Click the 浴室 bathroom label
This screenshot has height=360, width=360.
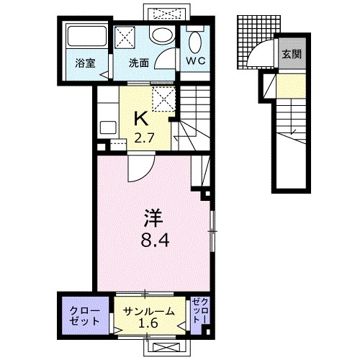(x=85, y=63)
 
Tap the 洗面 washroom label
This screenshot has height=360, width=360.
(x=139, y=63)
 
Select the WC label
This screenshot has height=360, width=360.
(x=197, y=61)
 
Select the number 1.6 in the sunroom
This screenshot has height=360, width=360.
(x=148, y=323)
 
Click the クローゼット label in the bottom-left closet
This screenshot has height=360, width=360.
(x=85, y=315)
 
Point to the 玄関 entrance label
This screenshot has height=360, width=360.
(x=291, y=54)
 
